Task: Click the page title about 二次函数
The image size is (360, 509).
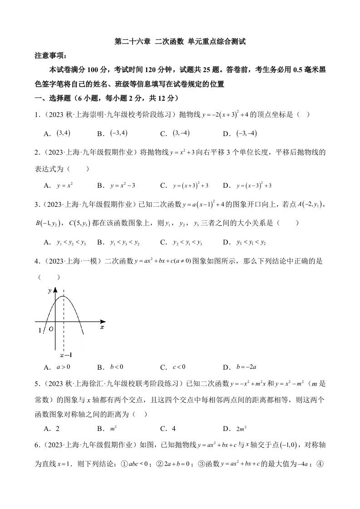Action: [180, 42]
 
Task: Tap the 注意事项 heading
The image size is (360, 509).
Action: [50, 56]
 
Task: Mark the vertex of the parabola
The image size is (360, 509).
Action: [64, 296]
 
